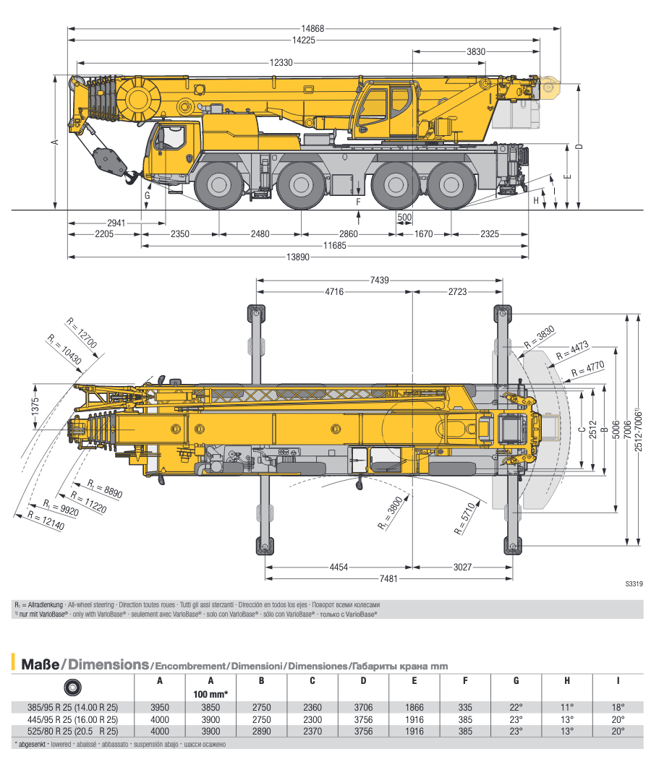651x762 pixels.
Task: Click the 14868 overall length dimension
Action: coord(312,29)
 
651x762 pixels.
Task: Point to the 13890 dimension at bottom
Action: coord(297,258)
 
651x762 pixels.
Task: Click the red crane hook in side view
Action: coord(132,176)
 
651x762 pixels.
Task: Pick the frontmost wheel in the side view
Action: coord(219,185)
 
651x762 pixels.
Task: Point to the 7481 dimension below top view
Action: coord(389,578)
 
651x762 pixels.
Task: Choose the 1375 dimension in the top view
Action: coord(34,406)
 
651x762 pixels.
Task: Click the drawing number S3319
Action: coord(632,585)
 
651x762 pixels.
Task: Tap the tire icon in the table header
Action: coord(73,688)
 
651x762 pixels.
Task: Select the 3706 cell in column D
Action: coord(363,707)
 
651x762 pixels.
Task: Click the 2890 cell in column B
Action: coord(261,731)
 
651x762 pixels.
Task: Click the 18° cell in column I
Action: coord(618,707)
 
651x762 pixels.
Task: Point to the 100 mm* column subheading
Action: coord(210,694)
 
